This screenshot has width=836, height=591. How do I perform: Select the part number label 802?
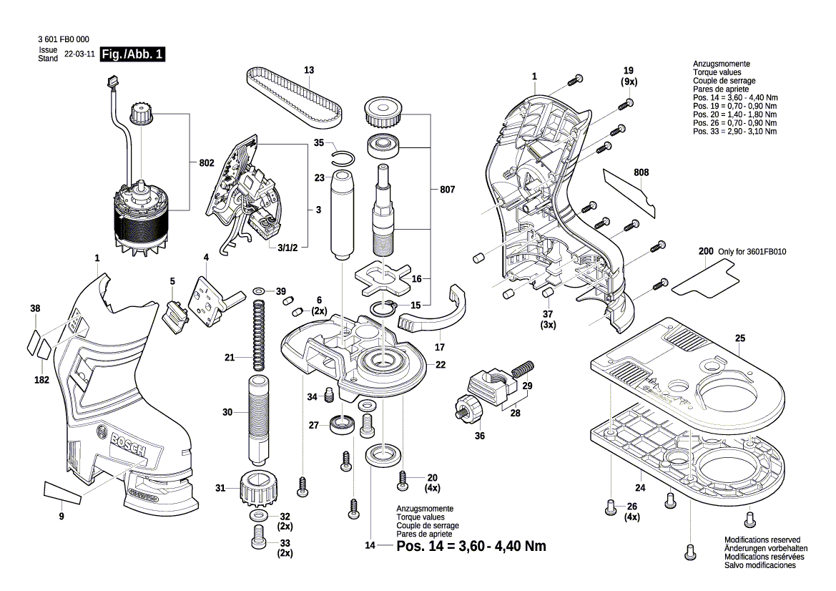coord(207,163)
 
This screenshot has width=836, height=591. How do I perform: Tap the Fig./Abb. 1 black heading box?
coord(133,55)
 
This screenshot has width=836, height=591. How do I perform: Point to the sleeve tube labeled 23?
coord(340,215)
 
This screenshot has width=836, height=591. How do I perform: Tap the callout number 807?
coord(448,190)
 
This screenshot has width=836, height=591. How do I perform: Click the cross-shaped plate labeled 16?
coord(383,277)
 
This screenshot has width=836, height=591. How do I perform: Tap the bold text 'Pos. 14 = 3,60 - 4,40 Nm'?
coord(471,546)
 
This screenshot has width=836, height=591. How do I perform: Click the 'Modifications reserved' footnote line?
coord(762,540)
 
